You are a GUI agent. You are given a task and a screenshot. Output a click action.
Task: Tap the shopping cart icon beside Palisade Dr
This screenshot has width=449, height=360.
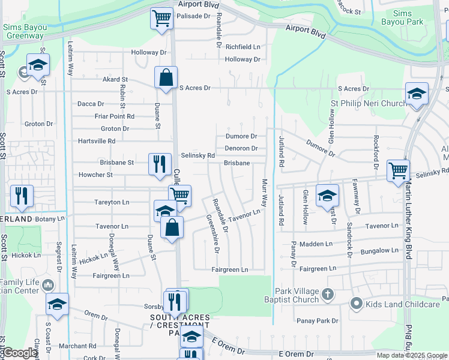pyautogui.click(x=161, y=18)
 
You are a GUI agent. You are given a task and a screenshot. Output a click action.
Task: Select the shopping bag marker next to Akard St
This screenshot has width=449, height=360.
pyautogui.click(x=166, y=77)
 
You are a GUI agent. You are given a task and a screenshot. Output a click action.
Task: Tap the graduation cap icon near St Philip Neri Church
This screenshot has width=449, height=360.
pyautogui.click(x=417, y=94)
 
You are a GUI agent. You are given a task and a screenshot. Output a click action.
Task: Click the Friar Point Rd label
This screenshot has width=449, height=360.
pyautogui.click(x=115, y=116)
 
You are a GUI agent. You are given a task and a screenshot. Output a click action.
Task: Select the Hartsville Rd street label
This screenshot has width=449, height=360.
pyautogui.click(x=97, y=141)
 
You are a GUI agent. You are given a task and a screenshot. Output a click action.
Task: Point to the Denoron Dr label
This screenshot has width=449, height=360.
pyautogui.click(x=241, y=148)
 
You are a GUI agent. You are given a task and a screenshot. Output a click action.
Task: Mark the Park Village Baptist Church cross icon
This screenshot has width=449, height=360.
pyautogui.click(x=327, y=294)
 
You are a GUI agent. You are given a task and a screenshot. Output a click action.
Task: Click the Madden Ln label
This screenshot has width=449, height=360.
pyautogui.click(x=316, y=244)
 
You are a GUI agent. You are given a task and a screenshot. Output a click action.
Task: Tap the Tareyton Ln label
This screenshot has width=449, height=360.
pyautogui.click(x=112, y=202)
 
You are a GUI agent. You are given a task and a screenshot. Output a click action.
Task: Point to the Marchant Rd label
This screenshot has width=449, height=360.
pyautogui.click(x=77, y=346)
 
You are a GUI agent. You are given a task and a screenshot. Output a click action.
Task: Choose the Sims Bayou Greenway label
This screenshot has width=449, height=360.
pyautogui.click(x=28, y=31)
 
